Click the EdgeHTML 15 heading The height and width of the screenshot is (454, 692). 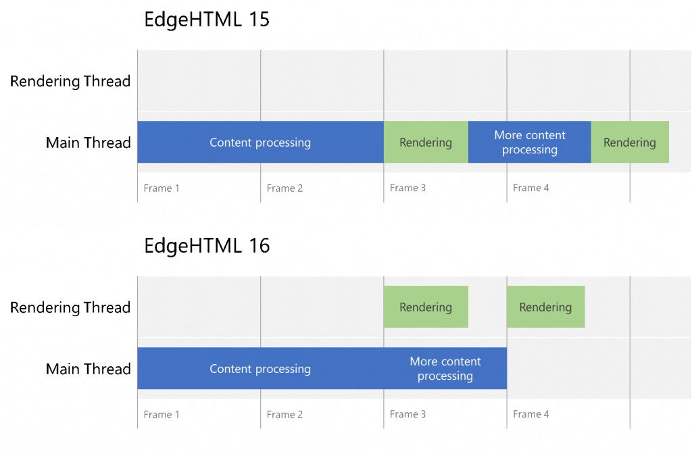tap(207, 20)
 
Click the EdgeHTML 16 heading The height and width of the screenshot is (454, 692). tap(207, 246)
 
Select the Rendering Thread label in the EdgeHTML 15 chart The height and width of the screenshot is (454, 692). tap(70, 82)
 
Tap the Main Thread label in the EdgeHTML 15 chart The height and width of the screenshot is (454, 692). tap(88, 143)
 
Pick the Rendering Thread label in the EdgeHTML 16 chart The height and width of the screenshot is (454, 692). tap(70, 308)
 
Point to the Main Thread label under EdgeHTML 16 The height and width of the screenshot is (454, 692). tap(88, 369)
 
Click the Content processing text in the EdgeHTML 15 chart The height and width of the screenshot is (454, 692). tap(260, 143)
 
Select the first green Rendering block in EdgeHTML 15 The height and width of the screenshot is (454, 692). tap(426, 143)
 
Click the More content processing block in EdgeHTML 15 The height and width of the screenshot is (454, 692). tap(530, 143)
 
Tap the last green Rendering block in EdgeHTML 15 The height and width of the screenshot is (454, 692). tap(630, 143)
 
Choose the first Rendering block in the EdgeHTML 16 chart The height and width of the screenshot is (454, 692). tap(426, 307)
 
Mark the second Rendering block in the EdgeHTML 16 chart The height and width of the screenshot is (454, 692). tap(545, 307)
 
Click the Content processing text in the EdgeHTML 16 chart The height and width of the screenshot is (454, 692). tap(260, 369)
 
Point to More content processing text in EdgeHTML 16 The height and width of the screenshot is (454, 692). tap(445, 369)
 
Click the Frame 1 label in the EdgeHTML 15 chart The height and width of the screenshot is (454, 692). tap(162, 188)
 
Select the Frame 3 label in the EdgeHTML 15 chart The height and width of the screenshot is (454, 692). tap(407, 188)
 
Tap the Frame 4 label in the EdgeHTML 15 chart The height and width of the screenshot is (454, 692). tap(530, 188)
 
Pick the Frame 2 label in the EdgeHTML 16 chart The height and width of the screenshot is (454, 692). tap(285, 415)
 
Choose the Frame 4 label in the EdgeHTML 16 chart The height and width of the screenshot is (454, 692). tap(530, 414)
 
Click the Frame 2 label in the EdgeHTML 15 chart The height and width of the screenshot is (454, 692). tap(285, 188)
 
